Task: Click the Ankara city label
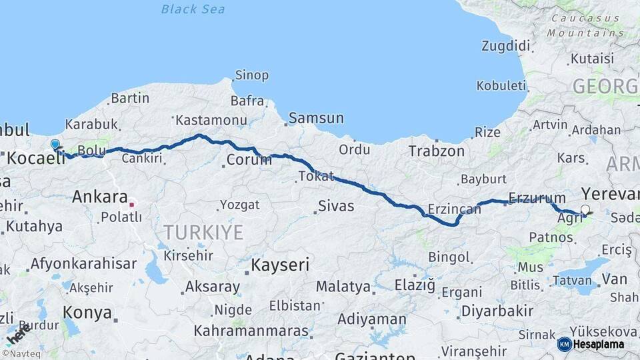pyautogui.click(x=99, y=197)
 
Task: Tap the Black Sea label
pyautogui.click(x=193, y=9)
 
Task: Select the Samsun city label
pyautogui.click(x=317, y=119)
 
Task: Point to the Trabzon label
pyautogui.click(x=437, y=151)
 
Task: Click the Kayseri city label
pyautogui.click(x=280, y=265)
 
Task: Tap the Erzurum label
pyautogui.click(x=537, y=198)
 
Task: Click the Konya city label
pyautogui.click(x=87, y=312)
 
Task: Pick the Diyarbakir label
pyautogui.click(x=497, y=311)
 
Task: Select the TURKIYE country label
pyautogui.click(x=203, y=233)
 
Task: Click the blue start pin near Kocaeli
pyautogui.click(x=55, y=144)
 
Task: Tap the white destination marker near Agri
pyautogui.click(x=585, y=211)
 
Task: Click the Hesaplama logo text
pyautogui.click(x=598, y=344)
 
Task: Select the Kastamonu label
pyautogui.click(x=202, y=120)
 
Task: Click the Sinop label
pyautogui.click(x=253, y=75)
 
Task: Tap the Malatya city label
pyautogui.click(x=343, y=287)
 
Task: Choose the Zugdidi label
pyautogui.click(x=506, y=46)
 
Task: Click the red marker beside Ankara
pyautogui.click(x=132, y=204)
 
